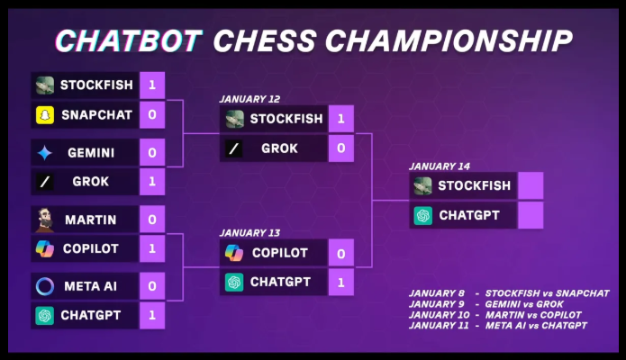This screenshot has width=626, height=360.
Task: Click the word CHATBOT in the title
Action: pyautogui.click(x=129, y=40)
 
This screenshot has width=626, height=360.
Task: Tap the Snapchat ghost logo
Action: pyautogui.click(x=45, y=115)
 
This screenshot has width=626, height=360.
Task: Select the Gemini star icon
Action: pyautogui.click(x=45, y=153)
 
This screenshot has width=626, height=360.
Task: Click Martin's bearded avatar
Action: pyautogui.click(x=45, y=220)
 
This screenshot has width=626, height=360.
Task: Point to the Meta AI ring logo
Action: pyautogui.click(x=45, y=286)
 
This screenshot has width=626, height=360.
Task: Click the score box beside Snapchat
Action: pyautogui.click(x=152, y=115)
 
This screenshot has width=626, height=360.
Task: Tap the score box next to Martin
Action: pyautogui.click(x=152, y=220)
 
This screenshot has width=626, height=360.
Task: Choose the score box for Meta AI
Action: pyautogui.click(x=152, y=286)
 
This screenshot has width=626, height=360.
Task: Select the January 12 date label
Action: pyautogui.click(x=249, y=99)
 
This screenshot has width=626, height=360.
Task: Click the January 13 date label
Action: pyautogui.click(x=249, y=233)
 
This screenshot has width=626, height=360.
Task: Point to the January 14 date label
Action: pyautogui.click(x=440, y=166)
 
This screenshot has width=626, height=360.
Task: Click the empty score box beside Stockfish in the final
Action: pyautogui.click(x=531, y=185)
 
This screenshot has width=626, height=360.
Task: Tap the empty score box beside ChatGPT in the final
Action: pyautogui.click(x=531, y=215)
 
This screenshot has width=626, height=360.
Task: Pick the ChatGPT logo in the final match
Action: pyautogui.click(x=423, y=215)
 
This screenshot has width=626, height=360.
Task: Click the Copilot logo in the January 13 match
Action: pyautogui.click(x=234, y=253)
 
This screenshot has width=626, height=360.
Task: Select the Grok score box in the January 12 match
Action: pyautogui.click(x=341, y=148)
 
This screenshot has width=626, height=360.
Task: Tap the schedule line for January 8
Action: pyautogui.click(x=509, y=293)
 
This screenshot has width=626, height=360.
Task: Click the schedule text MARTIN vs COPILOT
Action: pyautogui.click(x=533, y=315)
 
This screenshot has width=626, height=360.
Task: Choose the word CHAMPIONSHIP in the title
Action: pyautogui.click(x=449, y=40)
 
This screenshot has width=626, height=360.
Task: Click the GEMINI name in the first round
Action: pyautogui.click(x=91, y=153)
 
